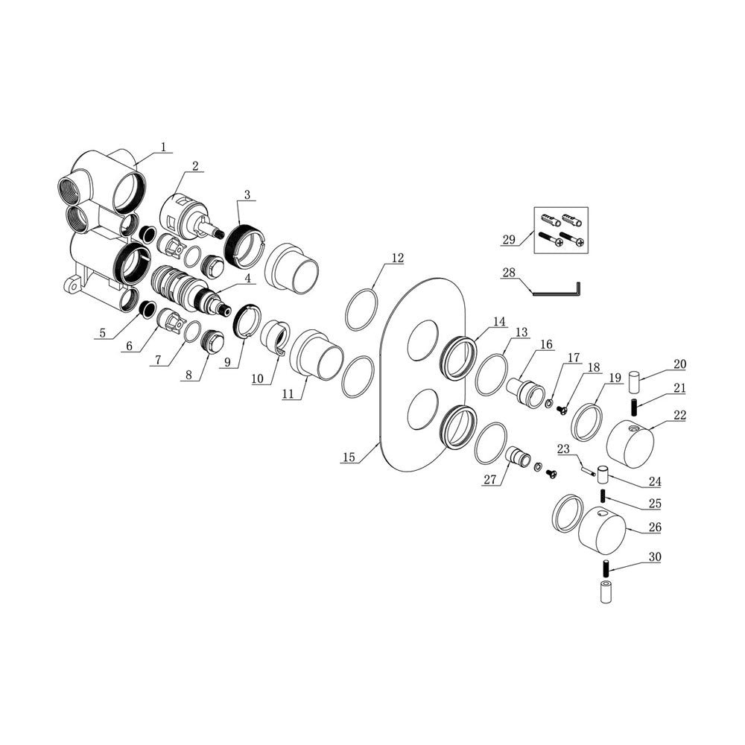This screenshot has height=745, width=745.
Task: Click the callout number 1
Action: (x=163, y=148)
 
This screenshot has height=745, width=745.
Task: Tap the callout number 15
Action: (x=349, y=457)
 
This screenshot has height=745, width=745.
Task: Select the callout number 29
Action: (x=509, y=239)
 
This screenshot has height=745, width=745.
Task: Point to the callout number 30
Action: (x=655, y=557)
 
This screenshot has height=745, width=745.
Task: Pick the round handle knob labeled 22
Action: (x=630, y=444)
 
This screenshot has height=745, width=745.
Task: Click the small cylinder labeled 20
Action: (x=634, y=382)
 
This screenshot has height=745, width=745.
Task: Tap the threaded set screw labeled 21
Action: (x=634, y=408)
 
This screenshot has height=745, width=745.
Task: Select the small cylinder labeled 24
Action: (x=603, y=474)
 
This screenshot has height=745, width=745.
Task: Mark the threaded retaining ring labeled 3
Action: (x=241, y=246)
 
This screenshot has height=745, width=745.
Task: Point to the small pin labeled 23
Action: (x=589, y=471)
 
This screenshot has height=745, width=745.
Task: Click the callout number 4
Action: (x=247, y=279)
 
